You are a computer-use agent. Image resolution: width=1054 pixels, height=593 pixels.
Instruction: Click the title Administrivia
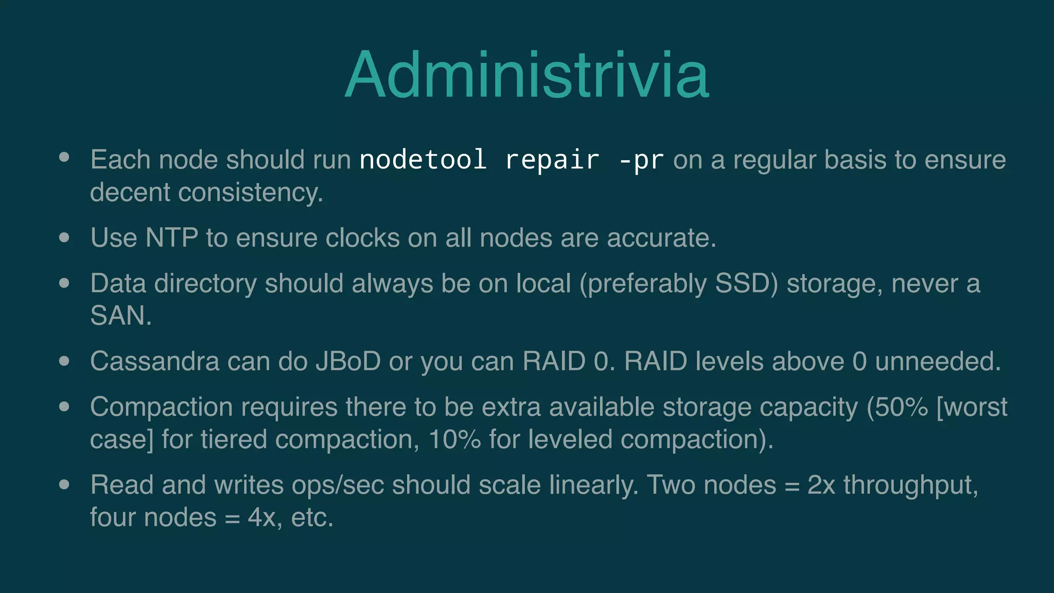[527, 75]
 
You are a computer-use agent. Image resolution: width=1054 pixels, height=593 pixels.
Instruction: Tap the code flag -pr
[641, 160]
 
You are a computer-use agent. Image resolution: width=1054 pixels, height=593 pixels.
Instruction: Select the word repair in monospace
[552, 160]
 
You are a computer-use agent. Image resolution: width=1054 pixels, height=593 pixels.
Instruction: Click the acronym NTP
[172, 238]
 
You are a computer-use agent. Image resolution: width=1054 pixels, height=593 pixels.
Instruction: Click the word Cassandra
[154, 361]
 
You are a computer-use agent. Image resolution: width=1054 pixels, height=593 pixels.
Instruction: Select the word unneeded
[937, 361]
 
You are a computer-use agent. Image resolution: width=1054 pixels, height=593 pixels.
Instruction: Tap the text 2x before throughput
[821, 485]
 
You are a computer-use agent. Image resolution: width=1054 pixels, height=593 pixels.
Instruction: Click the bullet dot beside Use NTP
[64, 237]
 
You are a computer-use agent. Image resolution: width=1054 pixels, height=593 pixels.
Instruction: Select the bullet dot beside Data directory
[64, 283]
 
